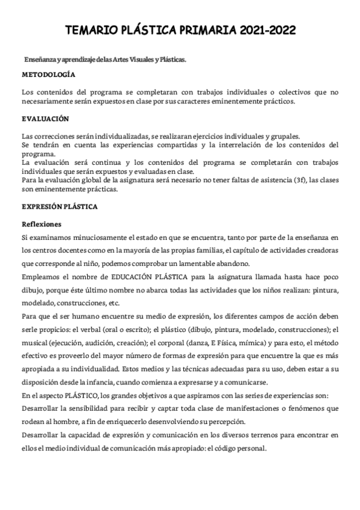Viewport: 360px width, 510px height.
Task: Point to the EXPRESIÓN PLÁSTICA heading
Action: pyautogui.click(x=59, y=206)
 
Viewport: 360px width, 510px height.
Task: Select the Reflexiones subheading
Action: pyautogui.click(x=41, y=224)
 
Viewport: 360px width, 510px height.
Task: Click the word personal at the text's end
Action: pyautogui.click(x=252, y=448)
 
